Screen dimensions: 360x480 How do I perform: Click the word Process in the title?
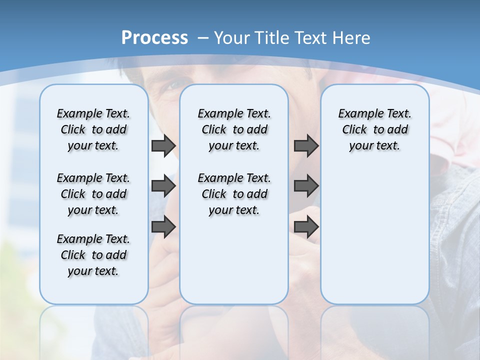pyautogui.click(x=154, y=38)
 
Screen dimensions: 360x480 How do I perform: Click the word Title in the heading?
pyautogui.click(x=268, y=38)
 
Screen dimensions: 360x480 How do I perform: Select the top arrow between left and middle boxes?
pyautogui.click(x=163, y=145)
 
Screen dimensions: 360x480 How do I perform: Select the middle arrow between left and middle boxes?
pyautogui.click(x=163, y=186)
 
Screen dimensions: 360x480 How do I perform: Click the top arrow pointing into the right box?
pyautogui.click(x=306, y=145)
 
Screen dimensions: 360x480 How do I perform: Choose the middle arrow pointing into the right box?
pyautogui.click(x=306, y=186)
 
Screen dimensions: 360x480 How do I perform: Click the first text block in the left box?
pyautogui.click(x=93, y=129)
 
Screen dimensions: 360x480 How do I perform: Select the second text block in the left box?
pyautogui.click(x=93, y=194)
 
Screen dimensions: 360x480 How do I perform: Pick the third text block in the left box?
pyautogui.click(x=93, y=255)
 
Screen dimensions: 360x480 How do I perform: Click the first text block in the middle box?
pyautogui.click(x=234, y=129)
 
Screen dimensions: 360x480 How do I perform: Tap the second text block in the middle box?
pyautogui.click(x=234, y=194)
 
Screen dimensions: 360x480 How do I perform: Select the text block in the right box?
pyautogui.click(x=375, y=129)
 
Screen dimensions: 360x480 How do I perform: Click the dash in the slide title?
pyautogui.click(x=203, y=38)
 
